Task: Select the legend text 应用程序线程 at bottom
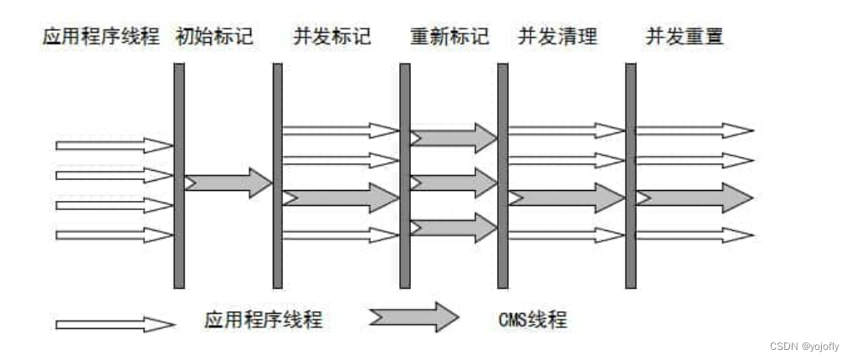point(263,320)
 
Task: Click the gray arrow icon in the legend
point(413,317)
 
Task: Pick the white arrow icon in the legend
point(114,323)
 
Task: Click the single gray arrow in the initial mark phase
point(228,182)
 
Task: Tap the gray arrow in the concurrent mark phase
point(341,198)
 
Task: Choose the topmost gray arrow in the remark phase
point(453,137)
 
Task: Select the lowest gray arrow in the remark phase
point(453,227)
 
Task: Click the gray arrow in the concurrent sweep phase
point(567,198)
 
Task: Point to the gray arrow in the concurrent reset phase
point(694,198)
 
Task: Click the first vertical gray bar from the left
point(178,176)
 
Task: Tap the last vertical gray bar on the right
point(630,176)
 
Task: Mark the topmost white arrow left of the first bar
point(114,146)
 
